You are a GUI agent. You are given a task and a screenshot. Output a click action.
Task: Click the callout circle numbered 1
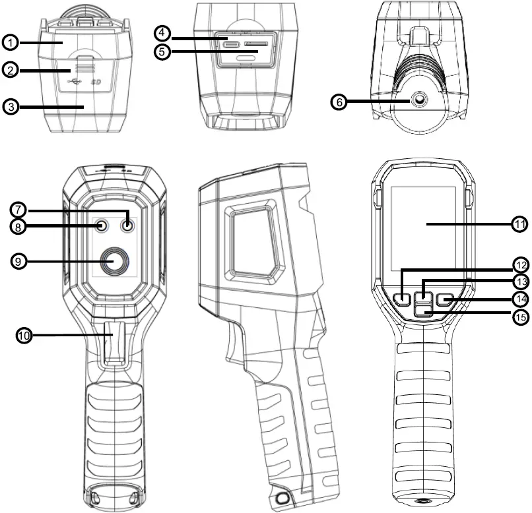coord(9,42)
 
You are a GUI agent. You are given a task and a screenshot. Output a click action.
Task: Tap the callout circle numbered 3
coord(9,106)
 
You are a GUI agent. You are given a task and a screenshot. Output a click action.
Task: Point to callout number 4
coord(163,32)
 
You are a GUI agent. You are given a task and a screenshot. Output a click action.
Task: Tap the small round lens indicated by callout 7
coord(127,226)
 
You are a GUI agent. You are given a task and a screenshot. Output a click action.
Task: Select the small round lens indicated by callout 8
coord(101,226)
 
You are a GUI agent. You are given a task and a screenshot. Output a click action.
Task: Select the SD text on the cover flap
coord(95,84)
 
